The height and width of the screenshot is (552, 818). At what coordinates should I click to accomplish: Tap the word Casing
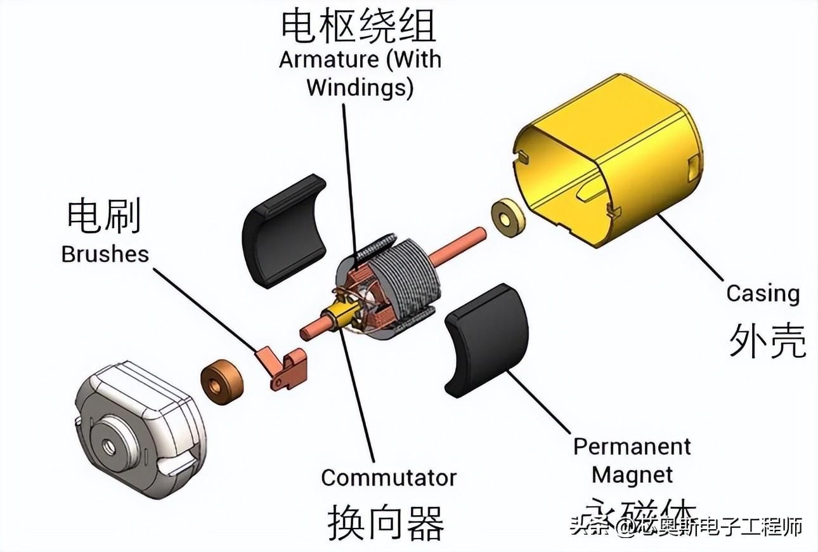pos(762,294)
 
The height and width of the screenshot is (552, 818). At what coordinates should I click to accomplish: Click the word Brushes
pos(105,254)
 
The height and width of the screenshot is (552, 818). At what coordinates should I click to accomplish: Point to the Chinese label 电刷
pos(104,216)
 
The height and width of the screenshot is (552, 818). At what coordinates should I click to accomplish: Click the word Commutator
pos(389,478)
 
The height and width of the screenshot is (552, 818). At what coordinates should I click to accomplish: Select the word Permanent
pos(632,447)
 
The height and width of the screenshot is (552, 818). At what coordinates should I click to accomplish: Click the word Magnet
pos(632,475)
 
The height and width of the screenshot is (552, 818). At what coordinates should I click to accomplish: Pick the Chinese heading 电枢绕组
pos(359,25)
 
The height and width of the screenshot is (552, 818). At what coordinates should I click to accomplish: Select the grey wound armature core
pos(406,279)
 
